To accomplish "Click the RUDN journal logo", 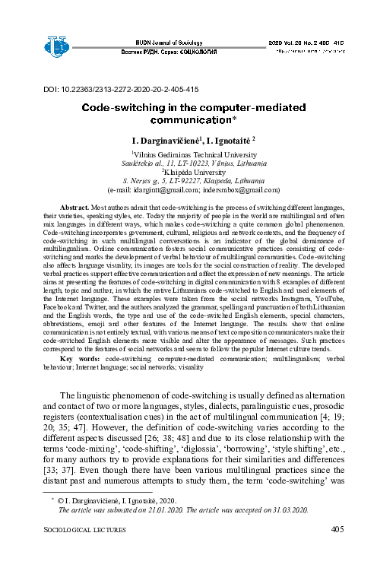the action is click(57, 46).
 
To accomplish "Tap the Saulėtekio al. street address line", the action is click(188, 163).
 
